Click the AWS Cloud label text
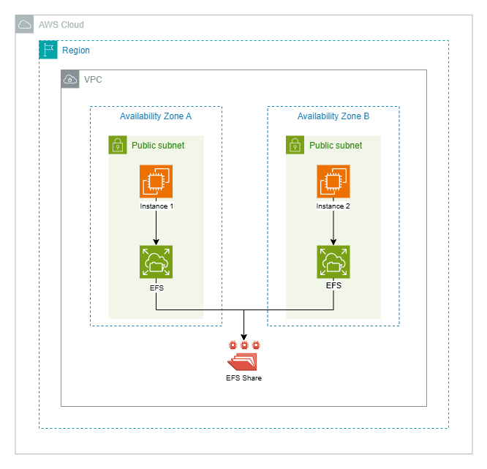tap(61, 25)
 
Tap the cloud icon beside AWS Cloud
tap(25, 25)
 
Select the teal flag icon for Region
tap(48, 50)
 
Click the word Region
tap(76, 50)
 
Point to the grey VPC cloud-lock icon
tap(70, 79)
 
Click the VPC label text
tap(93, 79)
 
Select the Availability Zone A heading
tap(156, 116)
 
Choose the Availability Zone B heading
tap(333, 116)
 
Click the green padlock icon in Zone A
tap(118, 145)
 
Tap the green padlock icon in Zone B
tap(295, 145)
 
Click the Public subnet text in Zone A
tap(158, 146)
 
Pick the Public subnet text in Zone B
tap(336, 146)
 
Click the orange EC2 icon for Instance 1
tap(156, 181)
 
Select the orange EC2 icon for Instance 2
tap(333, 181)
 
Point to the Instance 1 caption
tap(156, 206)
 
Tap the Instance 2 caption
tap(333, 206)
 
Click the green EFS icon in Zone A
tap(156, 262)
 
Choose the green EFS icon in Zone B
tap(333, 262)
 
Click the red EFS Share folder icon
tap(243, 361)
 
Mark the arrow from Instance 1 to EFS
tap(156, 228)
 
